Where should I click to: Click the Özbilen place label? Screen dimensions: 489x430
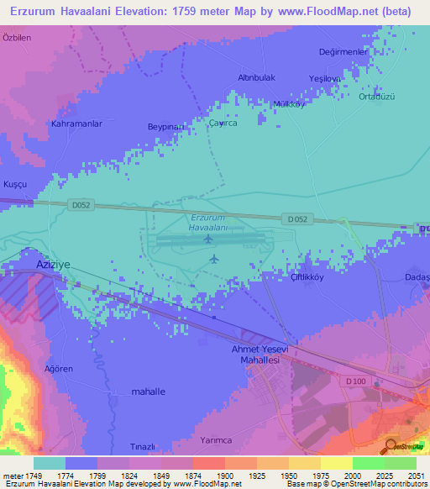17,39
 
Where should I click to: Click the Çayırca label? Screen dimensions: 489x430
223,123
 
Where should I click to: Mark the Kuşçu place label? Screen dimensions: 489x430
16,160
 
